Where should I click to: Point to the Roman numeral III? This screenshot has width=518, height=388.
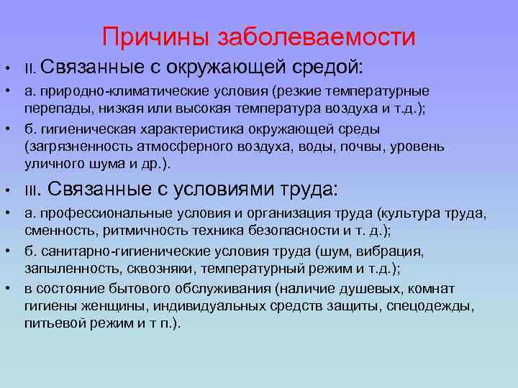point(34,191)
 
